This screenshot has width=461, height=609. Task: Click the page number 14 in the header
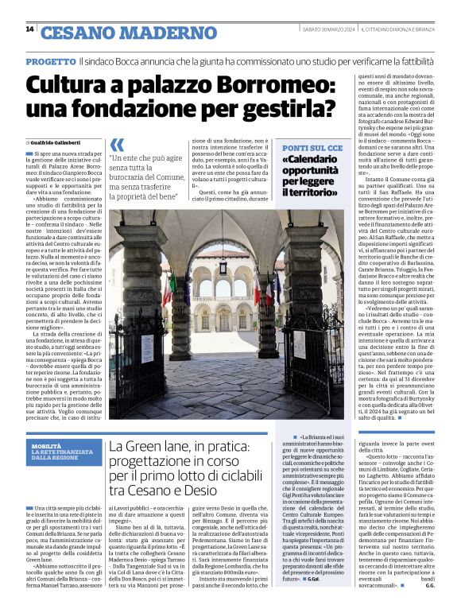pyautogui.click(x=29, y=30)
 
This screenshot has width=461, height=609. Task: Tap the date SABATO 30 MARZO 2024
pyautogui.click(x=327, y=30)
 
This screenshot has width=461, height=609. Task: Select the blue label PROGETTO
pyautogui.click(x=51, y=61)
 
